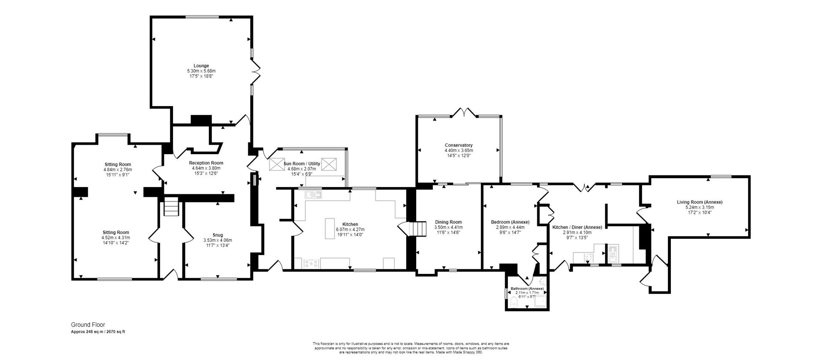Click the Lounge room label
201,66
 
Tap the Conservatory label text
459,145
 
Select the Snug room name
217,235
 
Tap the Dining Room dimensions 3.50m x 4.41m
448,227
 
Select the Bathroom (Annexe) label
527,289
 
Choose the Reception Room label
206,163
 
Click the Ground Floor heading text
88,325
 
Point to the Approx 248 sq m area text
98,332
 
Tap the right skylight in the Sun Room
329,164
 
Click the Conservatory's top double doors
465,113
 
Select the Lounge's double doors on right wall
256,71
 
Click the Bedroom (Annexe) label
510,222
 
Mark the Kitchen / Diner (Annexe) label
577,227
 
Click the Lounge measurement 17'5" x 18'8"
201,76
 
